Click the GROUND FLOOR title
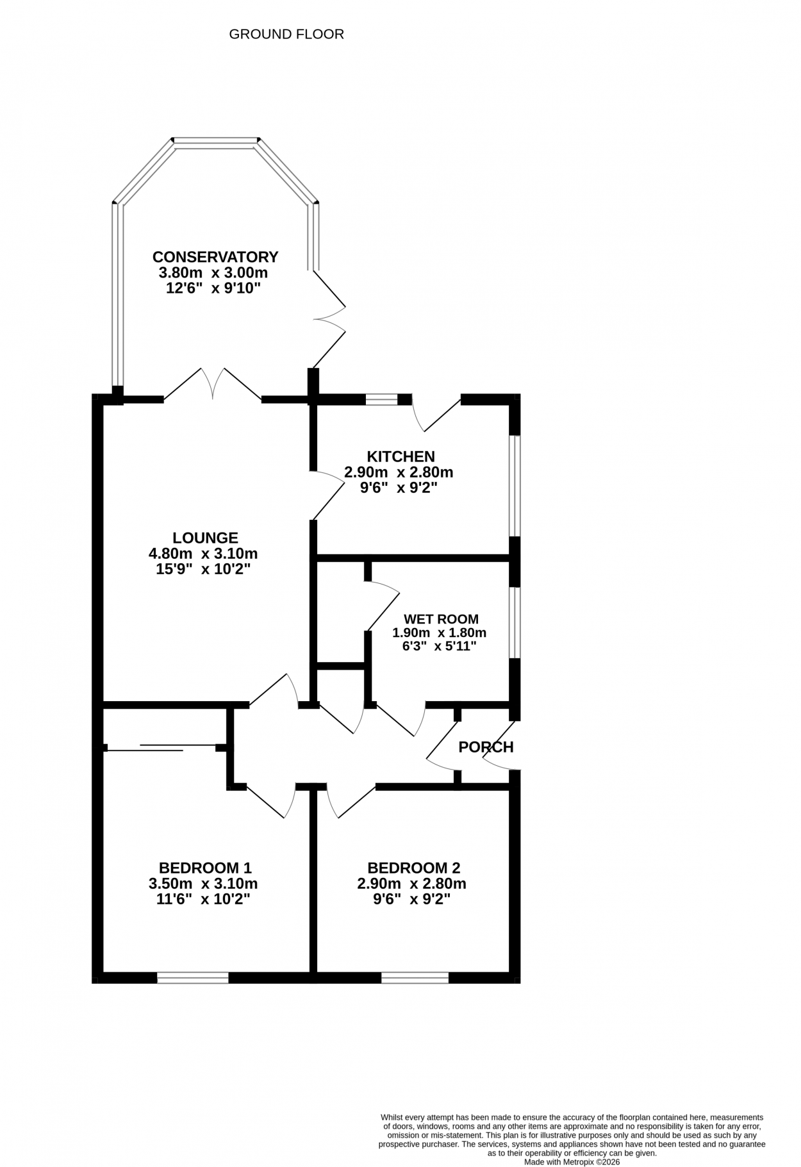pos(286,34)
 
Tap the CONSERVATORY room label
pos(215,257)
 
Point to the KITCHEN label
pos(400,456)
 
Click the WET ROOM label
pos(441,619)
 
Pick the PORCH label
pos(486,747)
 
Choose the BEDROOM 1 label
pos(205,868)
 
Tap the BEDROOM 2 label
pos(414,868)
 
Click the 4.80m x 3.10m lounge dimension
pos(203,553)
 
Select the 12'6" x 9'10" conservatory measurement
pos(213,288)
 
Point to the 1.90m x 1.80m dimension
pos(440,633)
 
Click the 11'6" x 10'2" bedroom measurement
pos(203,899)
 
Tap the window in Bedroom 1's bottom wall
pos(193,977)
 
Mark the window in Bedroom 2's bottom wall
pos(415,977)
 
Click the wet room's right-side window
pos(515,622)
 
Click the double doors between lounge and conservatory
pos(213,385)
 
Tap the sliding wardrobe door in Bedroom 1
pos(162,747)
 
